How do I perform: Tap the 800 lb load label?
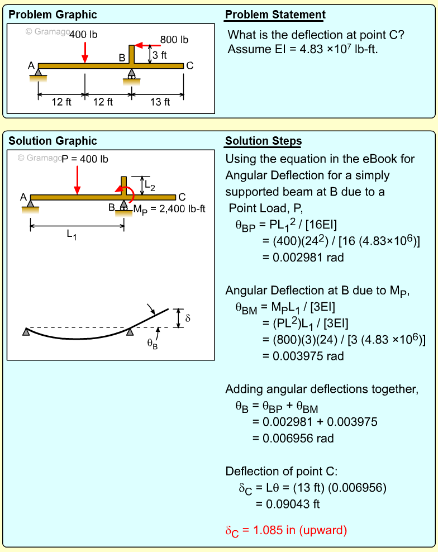point(174,40)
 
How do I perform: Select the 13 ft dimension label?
point(160,102)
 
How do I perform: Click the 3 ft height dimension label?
point(160,55)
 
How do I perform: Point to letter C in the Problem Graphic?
point(189,66)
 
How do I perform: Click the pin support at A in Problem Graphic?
point(38,72)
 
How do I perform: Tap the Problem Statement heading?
point(275,15)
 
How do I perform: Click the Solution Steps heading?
point(263,141)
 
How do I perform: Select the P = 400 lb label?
point(85,159)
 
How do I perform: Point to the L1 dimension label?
point(72,235)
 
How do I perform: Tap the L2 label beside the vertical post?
point(150,185)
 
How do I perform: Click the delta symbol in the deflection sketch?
point(188,318)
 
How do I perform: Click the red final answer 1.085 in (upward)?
point(286,530)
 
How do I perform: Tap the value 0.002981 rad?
point(303,258)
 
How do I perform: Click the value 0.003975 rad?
point(303,356)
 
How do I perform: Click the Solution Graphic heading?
point(53,141)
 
